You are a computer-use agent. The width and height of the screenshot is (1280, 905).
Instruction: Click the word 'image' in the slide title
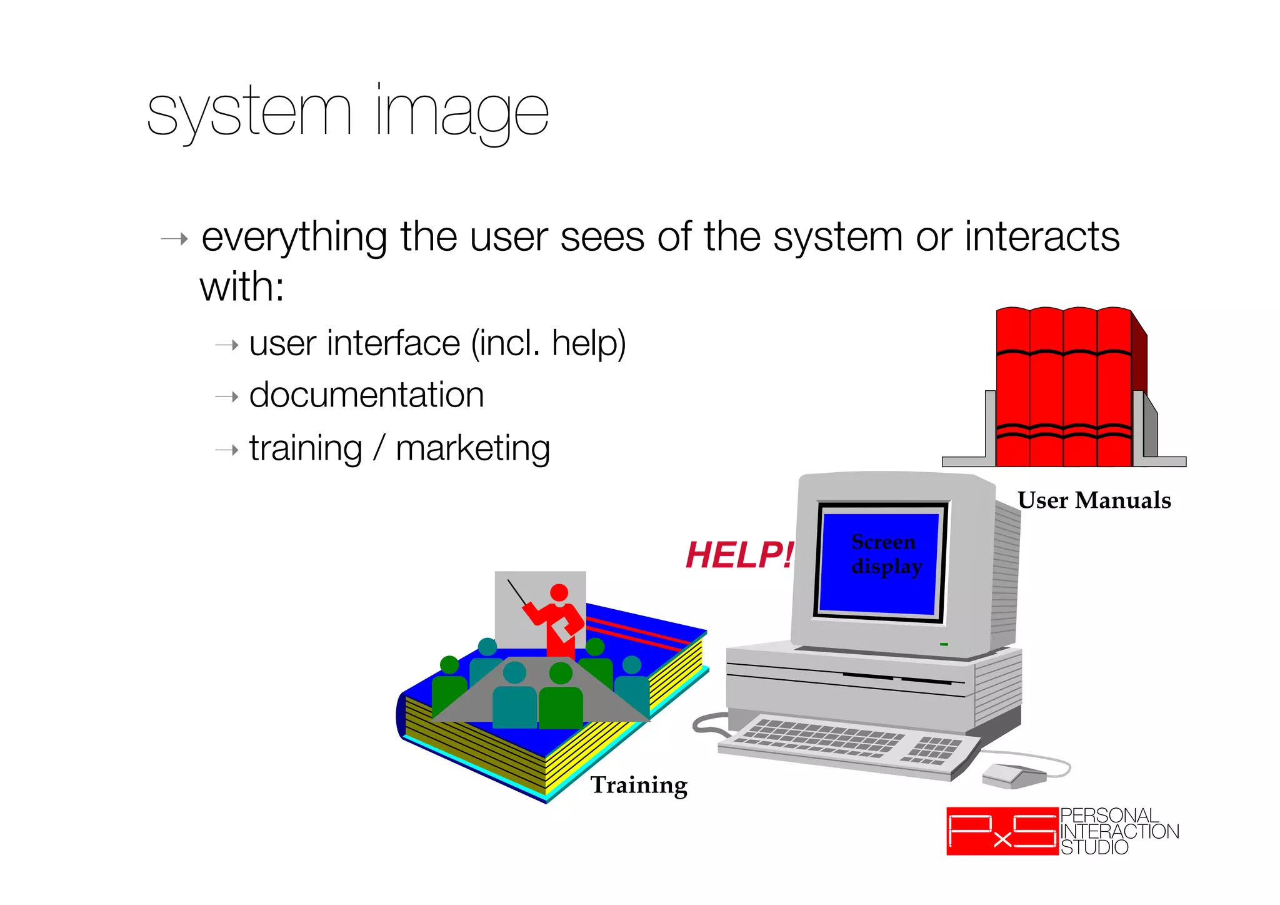(462, 113)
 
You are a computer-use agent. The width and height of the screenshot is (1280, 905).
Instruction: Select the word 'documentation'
(366, 395)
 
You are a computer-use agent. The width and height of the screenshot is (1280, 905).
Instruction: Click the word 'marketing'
(473, 448)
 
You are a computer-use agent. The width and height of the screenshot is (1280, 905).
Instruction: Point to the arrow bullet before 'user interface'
(227, 345)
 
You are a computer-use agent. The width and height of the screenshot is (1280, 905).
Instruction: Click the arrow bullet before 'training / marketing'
(227, 450)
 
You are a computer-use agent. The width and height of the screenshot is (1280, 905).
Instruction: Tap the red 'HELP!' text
(739, 555)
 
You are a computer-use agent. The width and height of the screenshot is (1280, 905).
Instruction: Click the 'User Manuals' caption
(1094, 500)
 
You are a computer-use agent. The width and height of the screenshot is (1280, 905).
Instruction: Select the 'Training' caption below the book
(639, 785)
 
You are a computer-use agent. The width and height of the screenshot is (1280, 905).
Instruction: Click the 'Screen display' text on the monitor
(885, 554)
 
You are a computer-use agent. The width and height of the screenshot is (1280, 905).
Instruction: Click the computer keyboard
(844, 744)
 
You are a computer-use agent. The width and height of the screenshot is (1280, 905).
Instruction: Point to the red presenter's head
(559, 593)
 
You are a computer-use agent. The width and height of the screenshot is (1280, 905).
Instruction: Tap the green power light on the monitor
(944, 644)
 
